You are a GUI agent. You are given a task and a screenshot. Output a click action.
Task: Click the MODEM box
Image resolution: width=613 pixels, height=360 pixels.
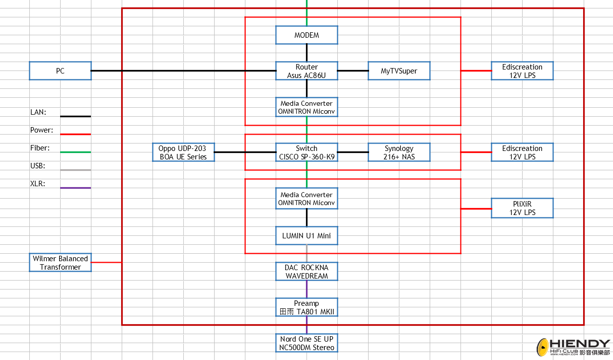[x=306, y=35]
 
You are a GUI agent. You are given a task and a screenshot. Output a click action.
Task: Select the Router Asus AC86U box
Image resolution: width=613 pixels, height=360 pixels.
[x=306, y=71]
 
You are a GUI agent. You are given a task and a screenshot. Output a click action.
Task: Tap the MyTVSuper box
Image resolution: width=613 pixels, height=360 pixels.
[x=399, y=71]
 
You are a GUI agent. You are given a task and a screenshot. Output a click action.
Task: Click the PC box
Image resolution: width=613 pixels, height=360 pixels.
[x=60, y=71]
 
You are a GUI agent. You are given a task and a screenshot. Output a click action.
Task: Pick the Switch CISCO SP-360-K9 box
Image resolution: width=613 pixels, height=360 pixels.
[x=306, y=152]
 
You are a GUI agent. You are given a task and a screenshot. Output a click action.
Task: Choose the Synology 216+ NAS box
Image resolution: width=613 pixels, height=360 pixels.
[x=399, y=152]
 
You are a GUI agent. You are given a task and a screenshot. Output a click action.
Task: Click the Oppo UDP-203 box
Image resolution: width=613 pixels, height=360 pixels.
[x=183, y=152]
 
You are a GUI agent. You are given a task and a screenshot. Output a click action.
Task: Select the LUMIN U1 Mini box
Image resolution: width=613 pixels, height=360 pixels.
[x=306, y=235]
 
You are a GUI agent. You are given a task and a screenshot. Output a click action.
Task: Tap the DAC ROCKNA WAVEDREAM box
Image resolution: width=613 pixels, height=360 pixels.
[x=306, y=272]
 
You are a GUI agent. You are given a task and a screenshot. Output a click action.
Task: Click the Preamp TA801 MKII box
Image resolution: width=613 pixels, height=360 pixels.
[x=306, y=307]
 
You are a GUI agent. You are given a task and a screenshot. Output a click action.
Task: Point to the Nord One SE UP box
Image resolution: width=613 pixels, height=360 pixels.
[x=306, y=343]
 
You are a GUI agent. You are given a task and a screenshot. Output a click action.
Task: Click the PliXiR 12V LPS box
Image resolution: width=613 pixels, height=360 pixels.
[x=522, y=208]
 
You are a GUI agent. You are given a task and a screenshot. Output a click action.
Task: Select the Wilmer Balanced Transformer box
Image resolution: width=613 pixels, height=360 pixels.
[x=60, y=262]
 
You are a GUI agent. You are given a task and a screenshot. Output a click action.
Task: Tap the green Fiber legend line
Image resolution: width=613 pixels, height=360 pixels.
[x=76, y=152]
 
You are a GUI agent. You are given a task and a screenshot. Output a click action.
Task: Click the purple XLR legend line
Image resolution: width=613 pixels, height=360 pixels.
[x=76, y=188]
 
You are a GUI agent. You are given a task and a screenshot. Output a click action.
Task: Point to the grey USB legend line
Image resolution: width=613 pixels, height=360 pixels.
[x=76, y=170]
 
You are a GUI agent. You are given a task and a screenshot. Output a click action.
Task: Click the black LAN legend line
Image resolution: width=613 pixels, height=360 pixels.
[x=76, y=116]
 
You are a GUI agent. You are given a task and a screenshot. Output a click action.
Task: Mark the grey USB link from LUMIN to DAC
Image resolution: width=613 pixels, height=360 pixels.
[x=306, y=254]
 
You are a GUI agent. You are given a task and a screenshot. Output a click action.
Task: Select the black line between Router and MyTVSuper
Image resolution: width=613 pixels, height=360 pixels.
[x=353, y=71]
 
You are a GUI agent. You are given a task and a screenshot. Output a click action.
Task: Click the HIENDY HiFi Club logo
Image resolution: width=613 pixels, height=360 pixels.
[x=573, y=347]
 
